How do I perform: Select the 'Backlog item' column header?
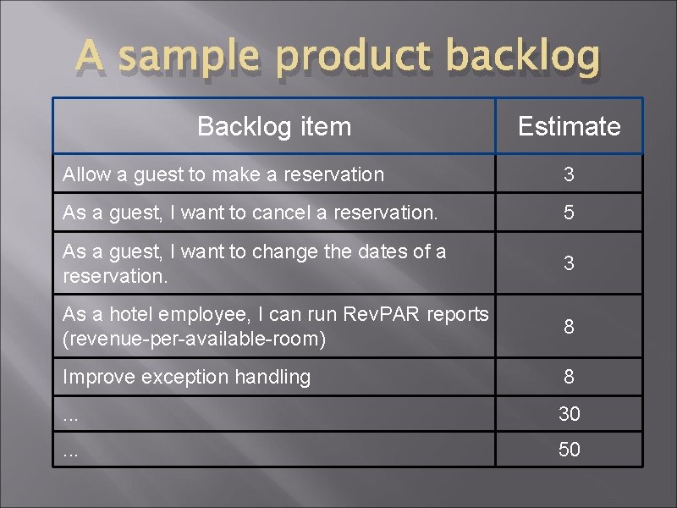point(273,126)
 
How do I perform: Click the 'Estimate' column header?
point(569,126)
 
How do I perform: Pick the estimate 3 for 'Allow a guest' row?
point(569,174)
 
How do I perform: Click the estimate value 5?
point(569,213)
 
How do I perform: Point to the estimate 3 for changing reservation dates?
point(569,263)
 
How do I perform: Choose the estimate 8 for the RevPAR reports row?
point(569,326)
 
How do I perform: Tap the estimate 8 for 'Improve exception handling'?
point(569,377)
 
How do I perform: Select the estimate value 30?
point(569,414)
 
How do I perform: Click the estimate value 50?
point(569,450)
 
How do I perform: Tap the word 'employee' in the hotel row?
point(202,314)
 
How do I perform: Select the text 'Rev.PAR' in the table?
point(381,314)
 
